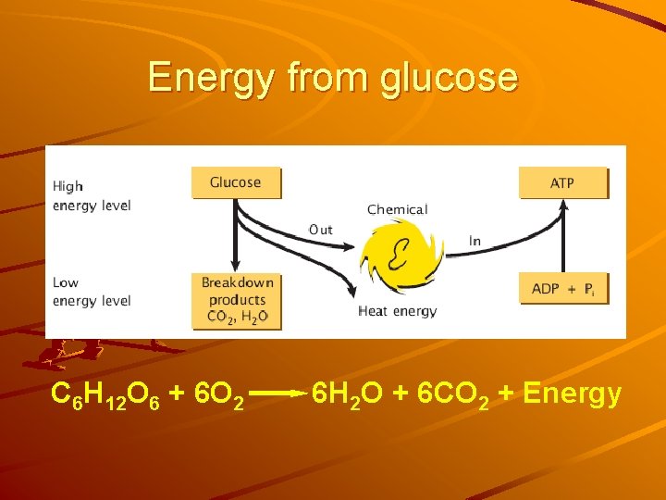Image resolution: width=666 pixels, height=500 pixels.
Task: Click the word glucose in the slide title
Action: coord(449,77)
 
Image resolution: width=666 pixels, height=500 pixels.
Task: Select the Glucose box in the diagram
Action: coord(235,182)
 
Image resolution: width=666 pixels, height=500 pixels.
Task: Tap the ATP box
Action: coord(562,182)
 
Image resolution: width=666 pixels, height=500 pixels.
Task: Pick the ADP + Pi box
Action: coord(562,289)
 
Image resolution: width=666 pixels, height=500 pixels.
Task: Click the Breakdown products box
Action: coord(237,300)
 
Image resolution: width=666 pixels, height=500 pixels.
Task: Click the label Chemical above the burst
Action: coord(397,209)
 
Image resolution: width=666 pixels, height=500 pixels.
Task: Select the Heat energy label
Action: coord(397,311)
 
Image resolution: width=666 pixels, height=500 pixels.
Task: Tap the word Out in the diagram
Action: coord(321,230)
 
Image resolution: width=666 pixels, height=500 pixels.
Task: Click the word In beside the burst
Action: coord(475,241)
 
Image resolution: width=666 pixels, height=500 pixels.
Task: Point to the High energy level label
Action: coord(91,196)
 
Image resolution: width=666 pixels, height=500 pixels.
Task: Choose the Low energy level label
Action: coord(91,292)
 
